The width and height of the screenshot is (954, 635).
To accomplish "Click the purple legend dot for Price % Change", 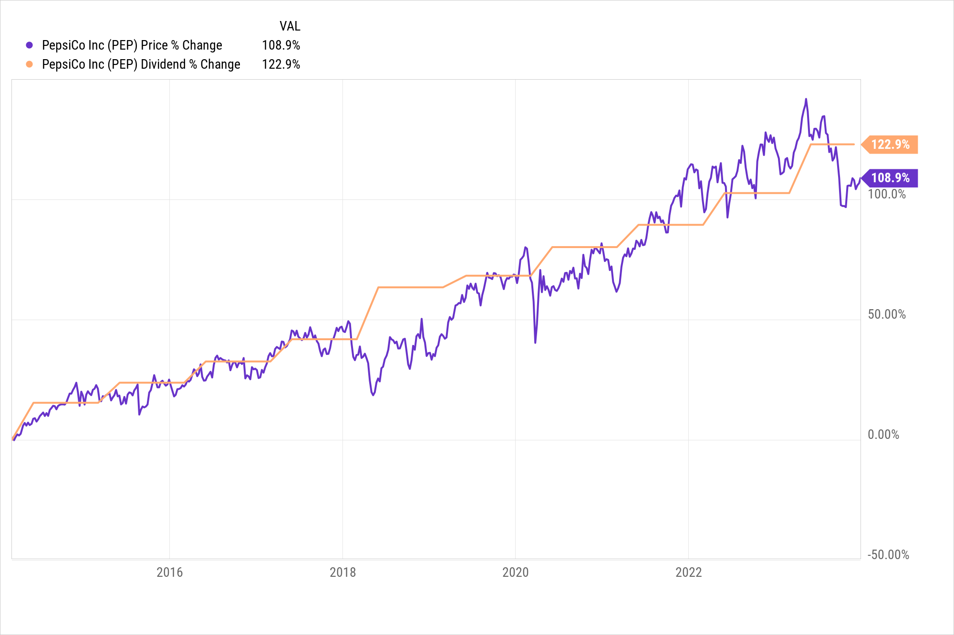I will click(30, 45).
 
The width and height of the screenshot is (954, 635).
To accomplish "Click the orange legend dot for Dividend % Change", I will click(30, 64).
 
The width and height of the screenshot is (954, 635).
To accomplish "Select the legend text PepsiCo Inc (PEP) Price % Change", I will click(132, 45).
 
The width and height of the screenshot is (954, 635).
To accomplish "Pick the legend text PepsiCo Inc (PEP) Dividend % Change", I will click(141, 64).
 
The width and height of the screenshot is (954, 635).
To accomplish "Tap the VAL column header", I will click(290, 26).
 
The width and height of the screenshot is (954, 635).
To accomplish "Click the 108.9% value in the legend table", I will click(281, 45).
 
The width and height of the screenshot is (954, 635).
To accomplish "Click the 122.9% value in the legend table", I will click(281, 64).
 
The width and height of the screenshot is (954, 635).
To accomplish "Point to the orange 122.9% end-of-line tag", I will click(890, 144).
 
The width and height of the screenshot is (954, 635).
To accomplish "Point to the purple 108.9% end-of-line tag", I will click(890, 178).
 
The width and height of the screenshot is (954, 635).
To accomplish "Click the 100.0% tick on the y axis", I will click(886, 194).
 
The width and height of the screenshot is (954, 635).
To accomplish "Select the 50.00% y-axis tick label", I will click(886, 314).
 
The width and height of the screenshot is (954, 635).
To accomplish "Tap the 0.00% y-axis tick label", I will click(883, 435).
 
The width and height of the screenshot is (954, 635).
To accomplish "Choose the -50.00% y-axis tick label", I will click(888, 555).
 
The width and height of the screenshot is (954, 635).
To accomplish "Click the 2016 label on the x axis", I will click(169, 573).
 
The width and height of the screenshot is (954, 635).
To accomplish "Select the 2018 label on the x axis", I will click(342, 573).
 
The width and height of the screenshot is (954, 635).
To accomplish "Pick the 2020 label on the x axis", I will click(515, 573).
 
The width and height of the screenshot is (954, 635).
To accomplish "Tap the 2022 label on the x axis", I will click(688, 573).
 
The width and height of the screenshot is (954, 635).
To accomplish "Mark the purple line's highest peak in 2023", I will click(806, 99).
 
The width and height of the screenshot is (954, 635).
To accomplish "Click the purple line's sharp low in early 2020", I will click(535, 342).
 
